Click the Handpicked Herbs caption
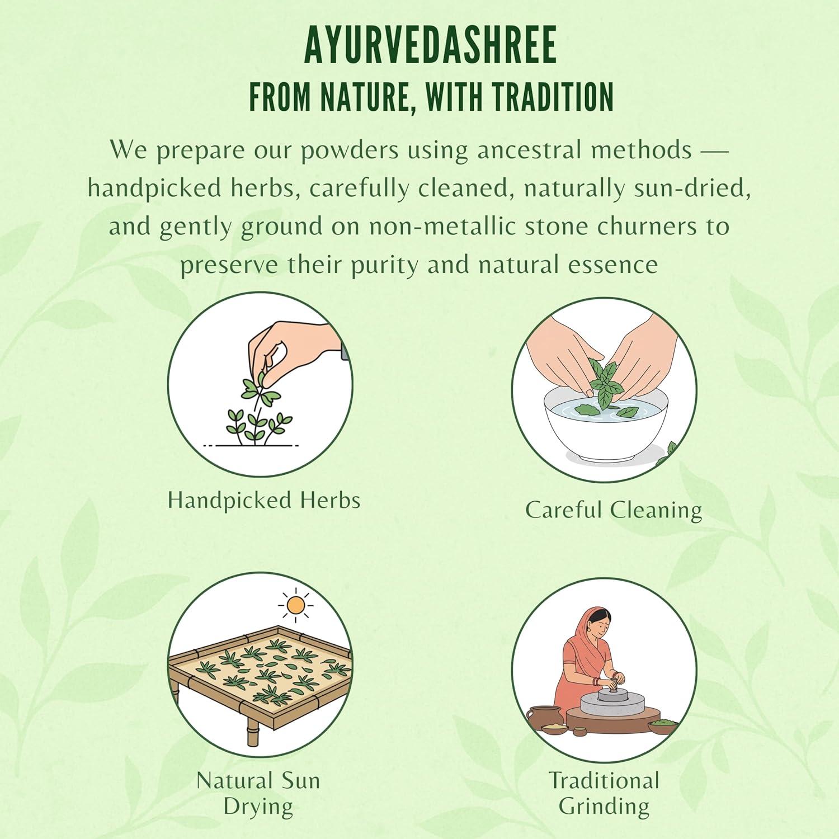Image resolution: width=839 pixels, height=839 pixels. tap(264, 500)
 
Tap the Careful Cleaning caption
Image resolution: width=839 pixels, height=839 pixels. tap(613, 510)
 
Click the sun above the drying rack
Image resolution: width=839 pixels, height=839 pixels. tap(295, 605)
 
